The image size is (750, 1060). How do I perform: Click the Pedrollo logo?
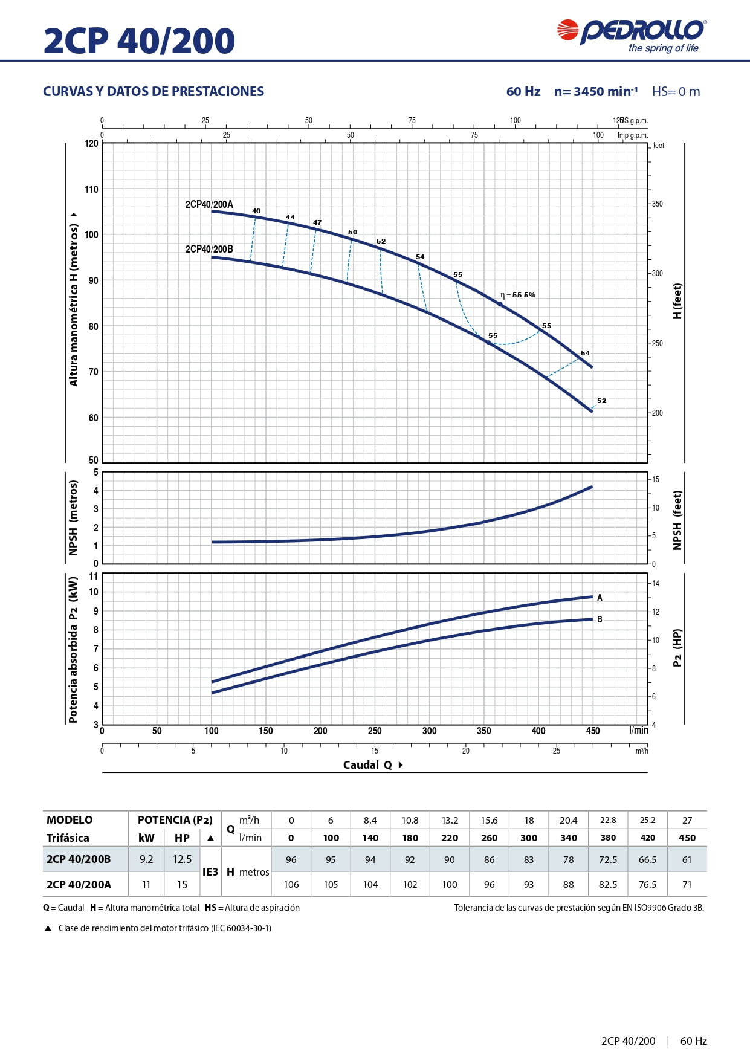tap(632, 35)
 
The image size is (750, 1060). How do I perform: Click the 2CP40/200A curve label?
tap(209, 204)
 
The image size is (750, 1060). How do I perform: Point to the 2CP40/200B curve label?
tap(209, 249)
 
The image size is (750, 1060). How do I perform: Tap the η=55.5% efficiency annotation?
tap(519, 295)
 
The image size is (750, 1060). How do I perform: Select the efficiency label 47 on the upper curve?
tap(317, 222)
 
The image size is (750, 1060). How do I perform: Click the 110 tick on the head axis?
tap(91, 189)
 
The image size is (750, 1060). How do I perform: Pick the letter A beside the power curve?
tap(600, 598)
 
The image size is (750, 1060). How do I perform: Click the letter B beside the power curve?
tap(600, 619)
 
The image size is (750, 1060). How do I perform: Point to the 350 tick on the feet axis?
tap(657, 204)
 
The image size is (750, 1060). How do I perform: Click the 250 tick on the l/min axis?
tap(375, 731)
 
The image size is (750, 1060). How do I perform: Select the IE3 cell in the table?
tap(210, 871)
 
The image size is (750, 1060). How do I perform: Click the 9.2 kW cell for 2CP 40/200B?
tap(146, 859)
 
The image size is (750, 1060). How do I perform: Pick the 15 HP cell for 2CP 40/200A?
tap(182, 884)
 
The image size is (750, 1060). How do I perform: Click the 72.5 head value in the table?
tap(608, 859)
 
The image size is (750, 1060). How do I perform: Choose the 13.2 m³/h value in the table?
tap(450, 820)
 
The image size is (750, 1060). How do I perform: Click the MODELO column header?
tap(70, 819)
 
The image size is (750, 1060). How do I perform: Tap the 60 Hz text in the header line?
tap(523, 91)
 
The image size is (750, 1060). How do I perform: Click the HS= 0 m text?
tap(676, 91)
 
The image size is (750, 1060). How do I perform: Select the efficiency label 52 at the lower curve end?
tap(601, 401)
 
